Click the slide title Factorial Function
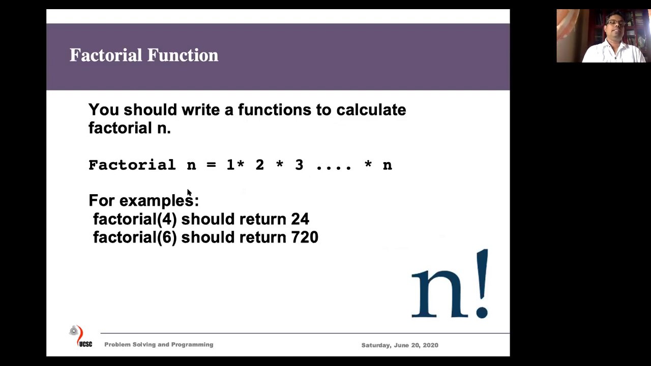(144, 55)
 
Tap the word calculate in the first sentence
(371, 110)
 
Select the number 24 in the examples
(300, 219)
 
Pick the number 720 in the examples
(305, 237)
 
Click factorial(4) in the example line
(135, 219)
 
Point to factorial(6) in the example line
(135, 237)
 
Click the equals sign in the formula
(211, 165)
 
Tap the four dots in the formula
(334, 166)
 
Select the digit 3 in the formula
(299, 165)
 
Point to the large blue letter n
(435, 294)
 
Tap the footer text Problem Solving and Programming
(159, 345)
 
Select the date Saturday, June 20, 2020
(400, 345)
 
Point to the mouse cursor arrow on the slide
(189, 193)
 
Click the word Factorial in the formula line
(132, 165)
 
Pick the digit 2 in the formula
(259, 165)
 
